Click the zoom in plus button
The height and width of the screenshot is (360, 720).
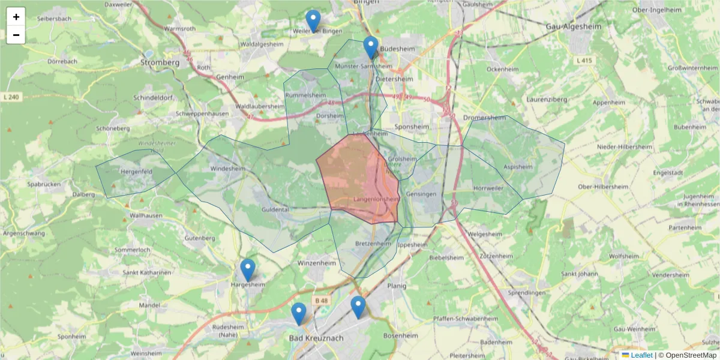[16, 17]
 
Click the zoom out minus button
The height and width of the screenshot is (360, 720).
[16, 35]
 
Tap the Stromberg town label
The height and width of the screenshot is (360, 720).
[160, 62]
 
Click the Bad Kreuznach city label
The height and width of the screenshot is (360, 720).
[316, 338]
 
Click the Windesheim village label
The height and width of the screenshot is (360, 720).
[228, 169]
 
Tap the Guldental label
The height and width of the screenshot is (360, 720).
[275, 209]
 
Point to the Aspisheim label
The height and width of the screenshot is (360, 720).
[518, 166]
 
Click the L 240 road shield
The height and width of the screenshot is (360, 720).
[11, 97]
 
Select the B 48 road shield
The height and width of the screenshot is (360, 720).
[321, 300]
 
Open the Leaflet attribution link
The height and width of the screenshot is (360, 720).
[641, 355]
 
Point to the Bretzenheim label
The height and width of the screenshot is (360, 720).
[373, 244]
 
